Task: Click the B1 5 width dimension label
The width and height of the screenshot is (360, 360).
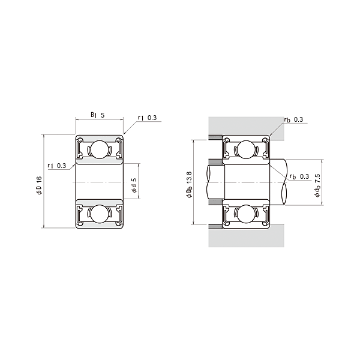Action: point(98,115)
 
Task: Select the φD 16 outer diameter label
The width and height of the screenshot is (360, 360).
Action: point(39,185)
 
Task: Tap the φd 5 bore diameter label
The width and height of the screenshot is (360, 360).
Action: point(134,185)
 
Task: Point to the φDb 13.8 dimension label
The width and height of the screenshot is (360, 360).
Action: point(190,184)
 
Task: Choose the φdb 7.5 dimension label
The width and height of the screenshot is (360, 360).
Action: point(317,185)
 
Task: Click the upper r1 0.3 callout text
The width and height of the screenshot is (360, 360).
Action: point(147,118)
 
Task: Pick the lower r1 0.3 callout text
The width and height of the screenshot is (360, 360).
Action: point(57,166)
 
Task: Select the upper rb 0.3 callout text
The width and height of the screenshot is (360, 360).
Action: point(293,119)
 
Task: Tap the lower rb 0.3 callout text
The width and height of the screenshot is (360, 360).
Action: point(299,176)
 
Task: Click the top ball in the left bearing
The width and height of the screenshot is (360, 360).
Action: point(99,149)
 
